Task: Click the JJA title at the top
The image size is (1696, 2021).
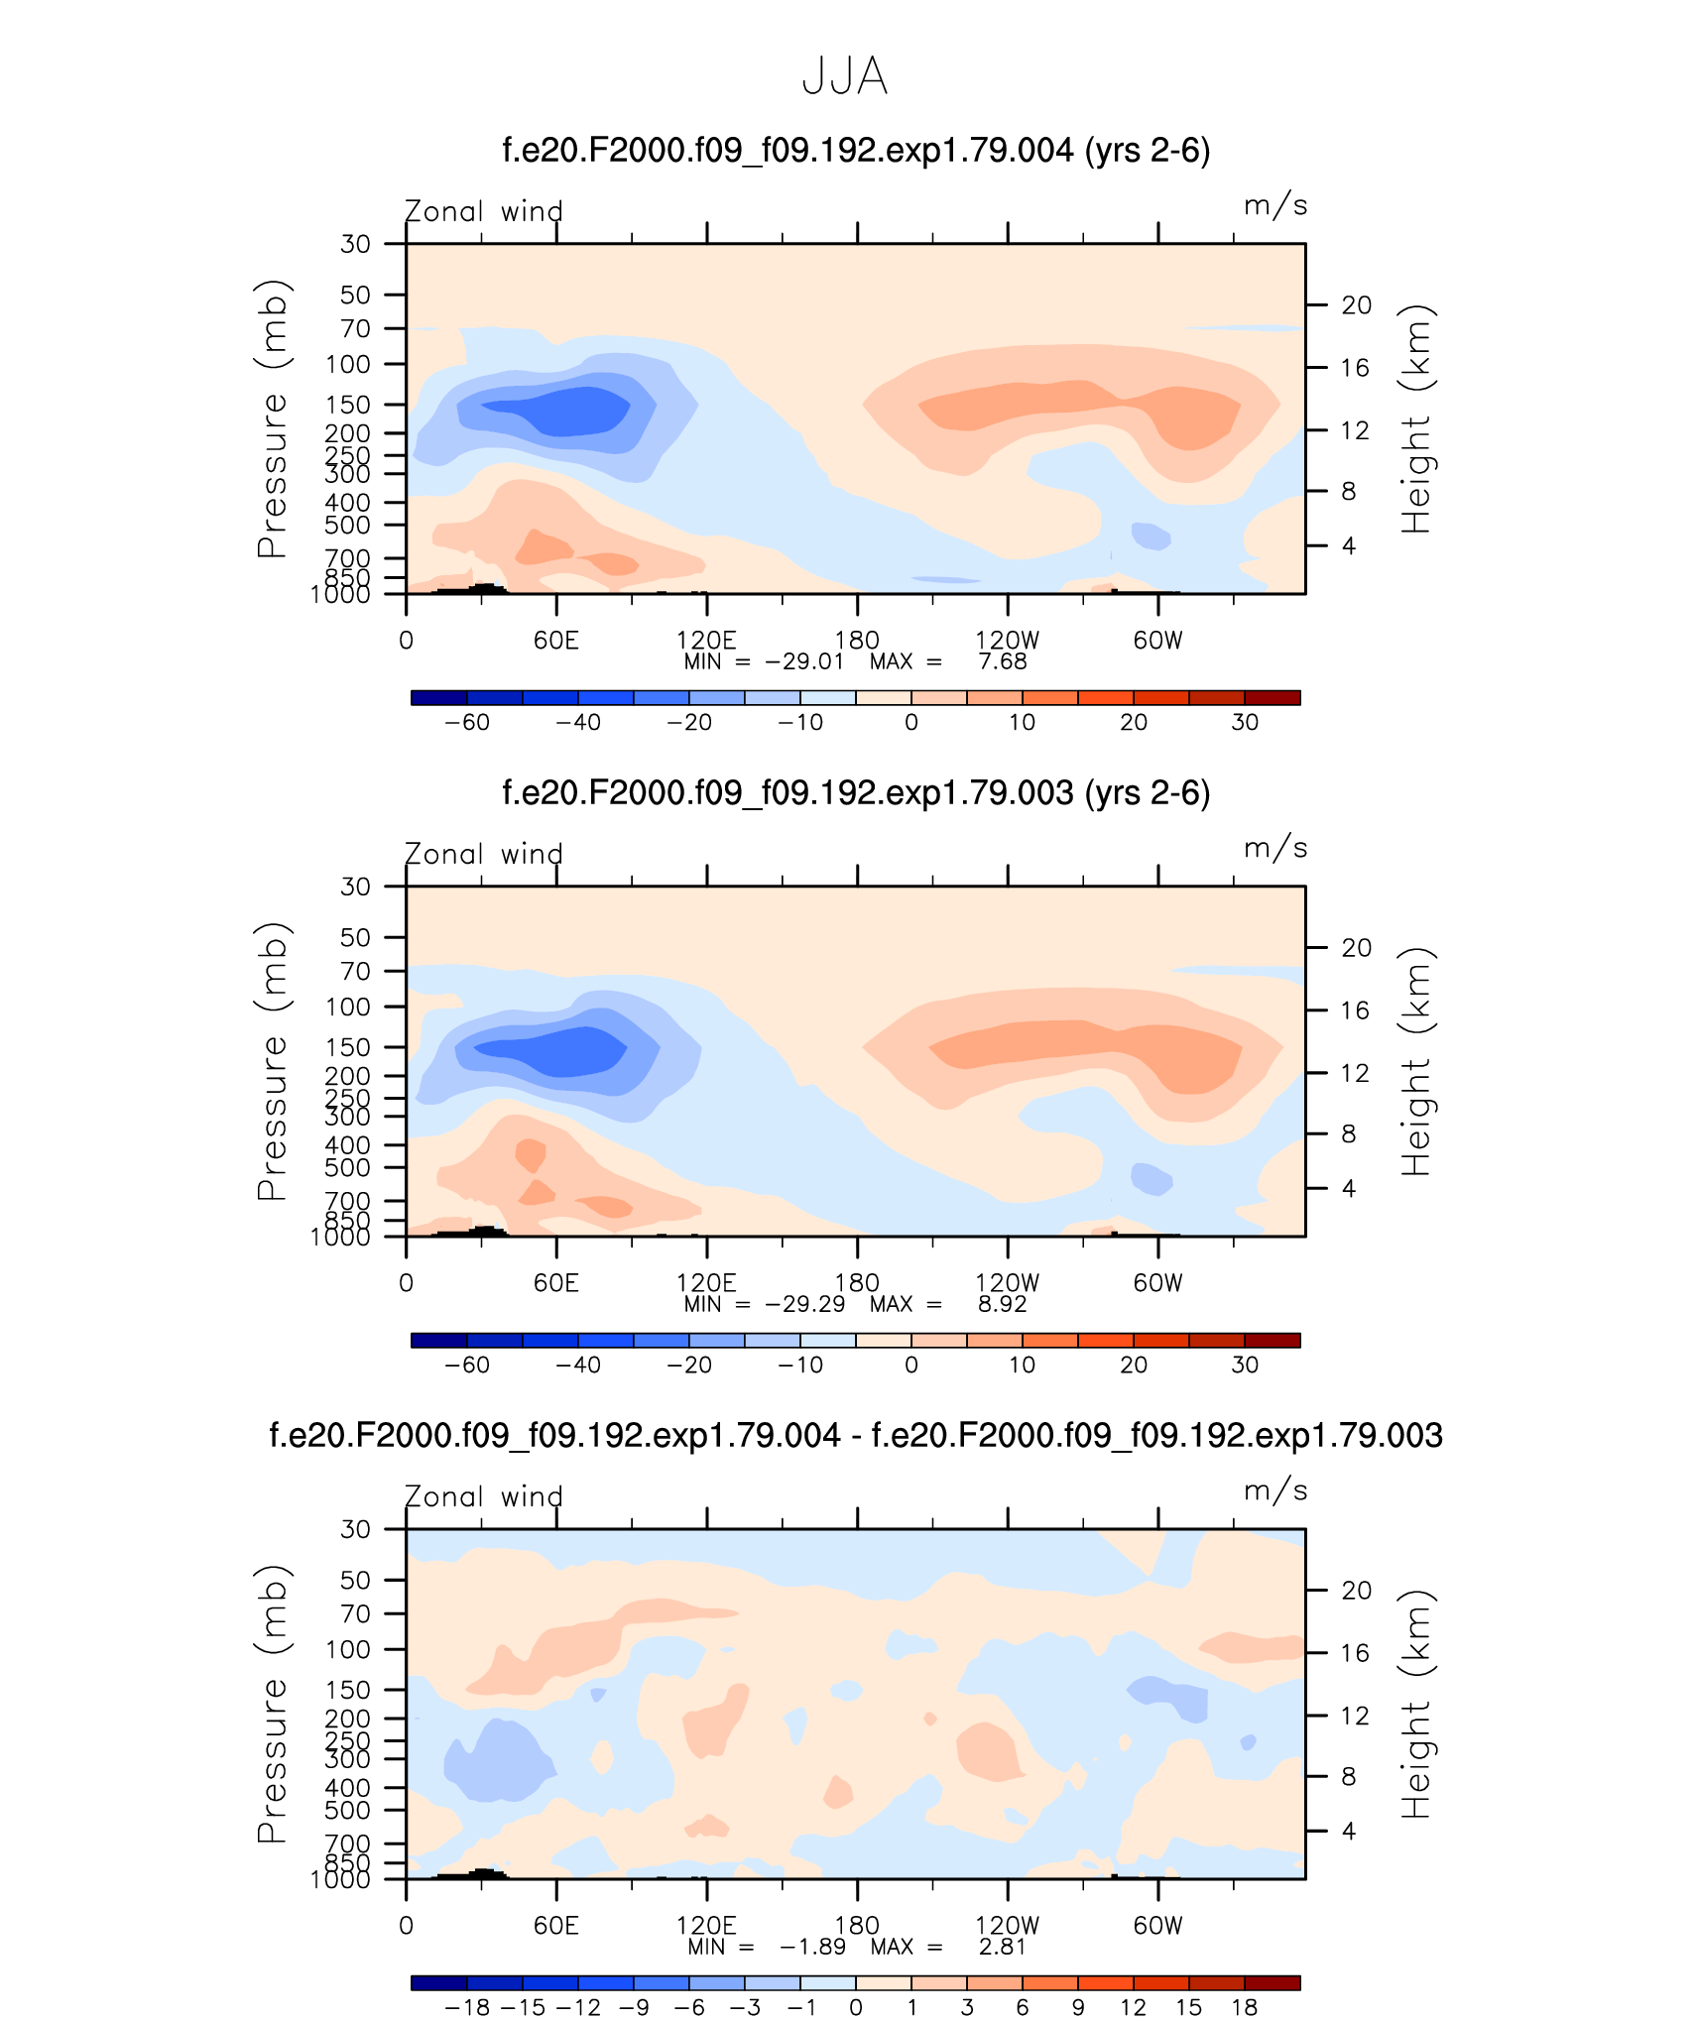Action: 844,76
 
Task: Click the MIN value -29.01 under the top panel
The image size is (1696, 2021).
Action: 804,661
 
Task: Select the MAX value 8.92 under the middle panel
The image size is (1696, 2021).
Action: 1002,1304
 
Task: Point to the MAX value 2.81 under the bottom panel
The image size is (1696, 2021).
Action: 1002,1947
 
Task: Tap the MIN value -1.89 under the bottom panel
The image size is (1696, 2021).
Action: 812,1947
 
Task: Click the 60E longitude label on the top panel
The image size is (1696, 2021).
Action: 555,641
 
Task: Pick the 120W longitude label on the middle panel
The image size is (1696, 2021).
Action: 1007,1283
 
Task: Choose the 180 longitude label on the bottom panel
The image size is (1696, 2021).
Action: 857,1925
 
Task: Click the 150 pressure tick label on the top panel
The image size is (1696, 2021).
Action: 348,405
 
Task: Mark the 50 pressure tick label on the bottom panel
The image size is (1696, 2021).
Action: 355,1580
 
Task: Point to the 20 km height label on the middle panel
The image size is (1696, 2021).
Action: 1356,948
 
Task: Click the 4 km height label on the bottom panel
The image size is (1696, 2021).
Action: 1349,1831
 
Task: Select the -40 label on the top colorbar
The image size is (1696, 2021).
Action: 578,722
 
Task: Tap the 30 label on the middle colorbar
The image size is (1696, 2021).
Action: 1245,1365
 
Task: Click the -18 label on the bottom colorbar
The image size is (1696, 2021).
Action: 467,2007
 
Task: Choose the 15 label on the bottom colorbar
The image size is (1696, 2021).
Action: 1189,2007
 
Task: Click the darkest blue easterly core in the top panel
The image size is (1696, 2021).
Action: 565,410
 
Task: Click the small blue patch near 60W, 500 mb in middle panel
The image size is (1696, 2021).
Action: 1151,1178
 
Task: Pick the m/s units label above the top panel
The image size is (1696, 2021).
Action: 1275,205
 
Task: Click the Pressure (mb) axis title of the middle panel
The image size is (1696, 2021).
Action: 272,1061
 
